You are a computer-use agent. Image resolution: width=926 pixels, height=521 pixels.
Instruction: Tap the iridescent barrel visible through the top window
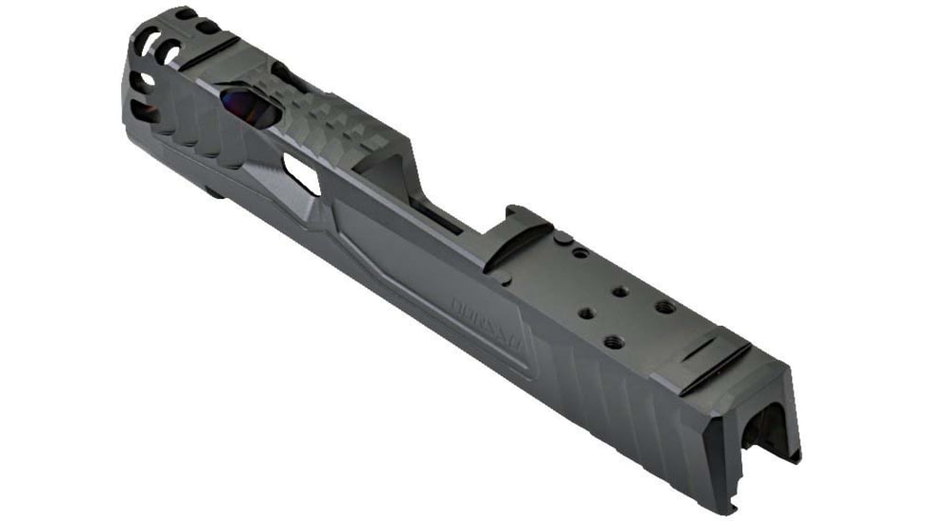tap(250, 107)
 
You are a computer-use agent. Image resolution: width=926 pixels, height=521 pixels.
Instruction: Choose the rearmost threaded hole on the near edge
tap(613, 341)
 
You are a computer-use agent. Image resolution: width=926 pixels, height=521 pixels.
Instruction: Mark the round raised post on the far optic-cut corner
tap(561, 238)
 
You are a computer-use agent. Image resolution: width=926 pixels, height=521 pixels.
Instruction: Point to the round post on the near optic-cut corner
tap(507, 280)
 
